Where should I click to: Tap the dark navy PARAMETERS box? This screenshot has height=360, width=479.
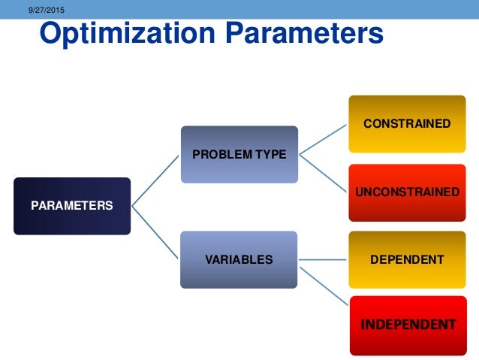pos(71,205)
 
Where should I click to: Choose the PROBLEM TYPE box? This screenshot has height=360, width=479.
pos(239,154)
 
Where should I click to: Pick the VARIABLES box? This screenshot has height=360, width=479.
pos(239,259)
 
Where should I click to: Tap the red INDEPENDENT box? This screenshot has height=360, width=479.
pos(407,325)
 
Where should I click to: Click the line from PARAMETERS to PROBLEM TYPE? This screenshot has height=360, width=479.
pos(156,180)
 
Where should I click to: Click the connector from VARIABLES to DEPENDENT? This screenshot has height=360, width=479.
pos(323,259)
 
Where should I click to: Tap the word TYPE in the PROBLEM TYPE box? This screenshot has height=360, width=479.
pos(271,154)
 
